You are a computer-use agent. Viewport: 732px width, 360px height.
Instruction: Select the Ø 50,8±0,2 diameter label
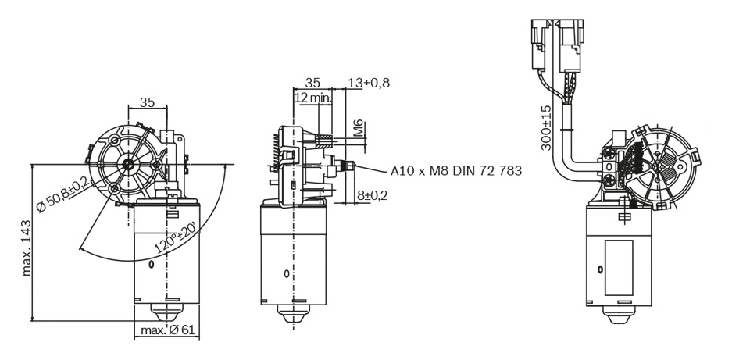tap(66, 193)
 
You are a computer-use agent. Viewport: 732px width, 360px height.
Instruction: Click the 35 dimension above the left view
tap(147, 102)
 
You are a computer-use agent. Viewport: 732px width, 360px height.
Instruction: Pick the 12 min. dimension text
tap(312, 98)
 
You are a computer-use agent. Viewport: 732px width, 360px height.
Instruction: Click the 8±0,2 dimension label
tap(373, 195)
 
